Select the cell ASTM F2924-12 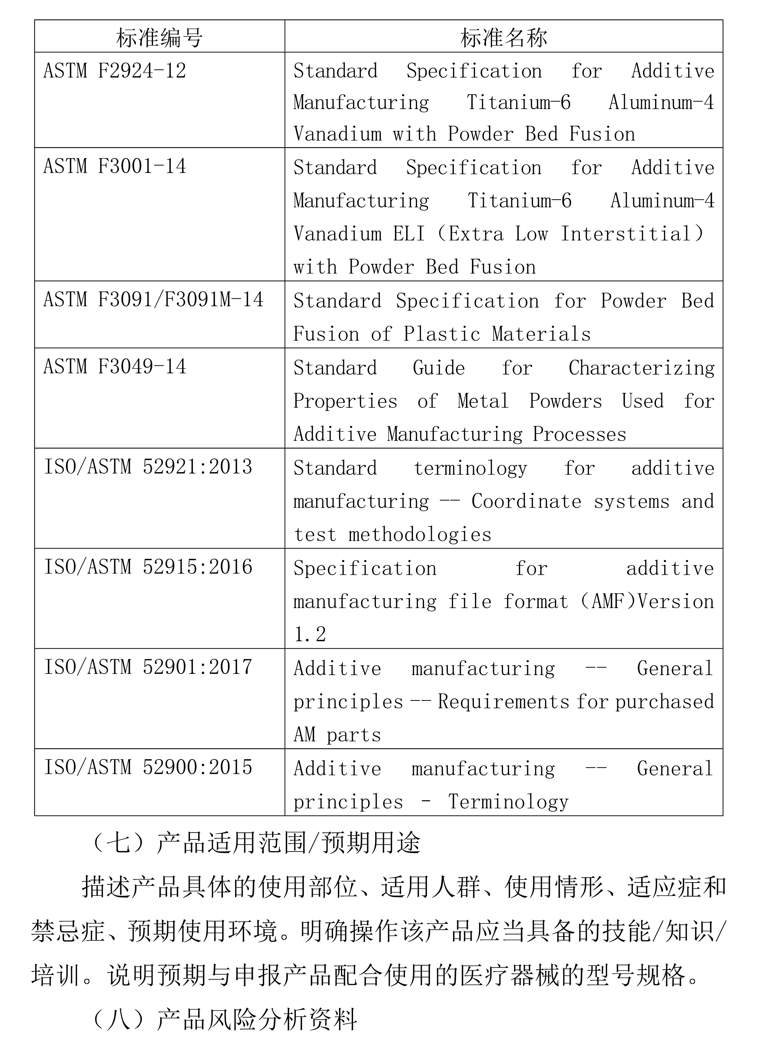[115, 71]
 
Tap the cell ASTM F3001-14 [115, 167]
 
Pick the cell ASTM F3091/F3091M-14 [153, 300]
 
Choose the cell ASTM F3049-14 [115, 367]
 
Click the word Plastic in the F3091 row [441, 334]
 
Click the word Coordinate [526, 501]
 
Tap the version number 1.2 [310, 635]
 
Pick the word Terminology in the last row [508, 802]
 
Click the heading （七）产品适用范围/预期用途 [255, 843]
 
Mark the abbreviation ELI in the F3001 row [409, 234]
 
